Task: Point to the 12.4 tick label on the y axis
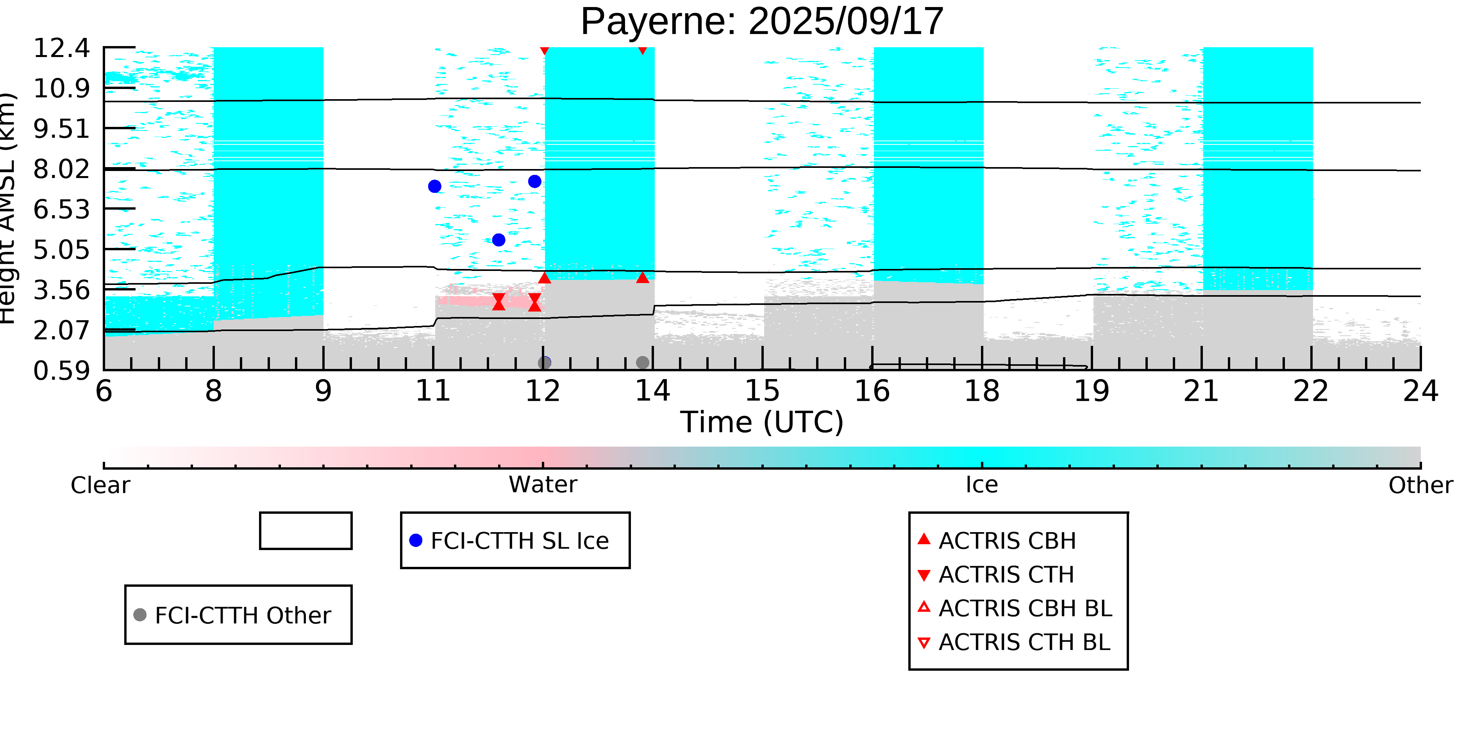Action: click(61, 48)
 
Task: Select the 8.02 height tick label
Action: click(61, 169)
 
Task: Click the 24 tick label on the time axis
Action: click(1420, 392)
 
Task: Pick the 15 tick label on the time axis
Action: click(762, 392)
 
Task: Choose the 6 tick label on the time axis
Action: click(104, 392)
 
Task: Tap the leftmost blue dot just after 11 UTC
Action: click(434, 186)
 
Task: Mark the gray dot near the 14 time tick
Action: click(642, 363)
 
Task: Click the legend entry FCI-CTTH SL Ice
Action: click(515, 540)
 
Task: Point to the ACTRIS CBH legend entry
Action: click(1007, 540)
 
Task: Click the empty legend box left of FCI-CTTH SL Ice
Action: click(306, 531)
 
